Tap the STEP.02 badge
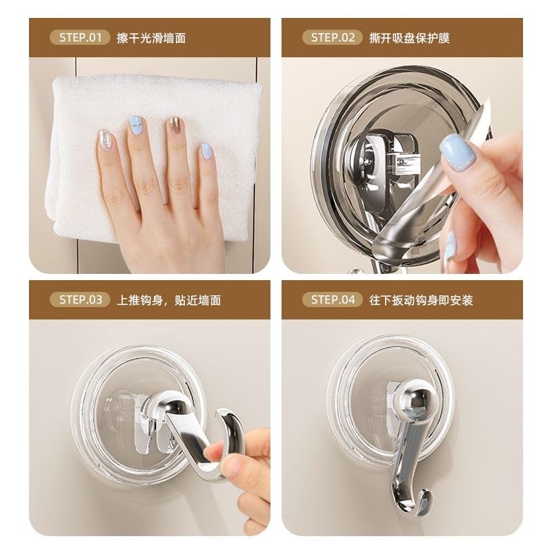[x=333, y=37]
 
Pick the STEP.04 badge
[x=333, y=299]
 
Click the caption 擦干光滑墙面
[x=151, y=37]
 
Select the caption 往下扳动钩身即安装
[x=422, y=299]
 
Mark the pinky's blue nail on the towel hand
[x=206, y=151]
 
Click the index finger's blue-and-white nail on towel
[x=137, y=125]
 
